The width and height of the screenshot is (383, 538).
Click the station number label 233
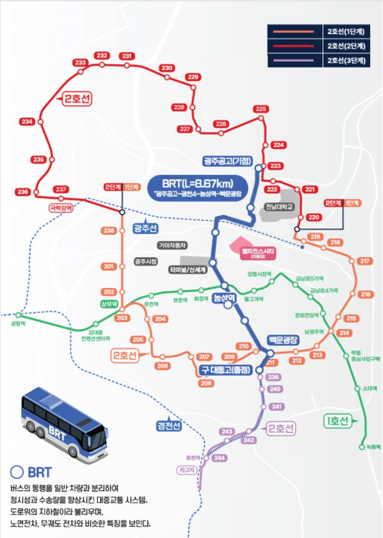click(80, 63)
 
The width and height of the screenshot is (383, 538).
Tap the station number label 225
click(261, 109)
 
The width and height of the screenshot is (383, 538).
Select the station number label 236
click(23, 192)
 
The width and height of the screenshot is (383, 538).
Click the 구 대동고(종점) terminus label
click(227, 370)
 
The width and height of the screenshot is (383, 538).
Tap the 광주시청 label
click(146, 261)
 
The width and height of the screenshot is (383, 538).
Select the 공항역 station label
click(18, 324)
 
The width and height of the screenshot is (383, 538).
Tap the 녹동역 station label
click(372, 446)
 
